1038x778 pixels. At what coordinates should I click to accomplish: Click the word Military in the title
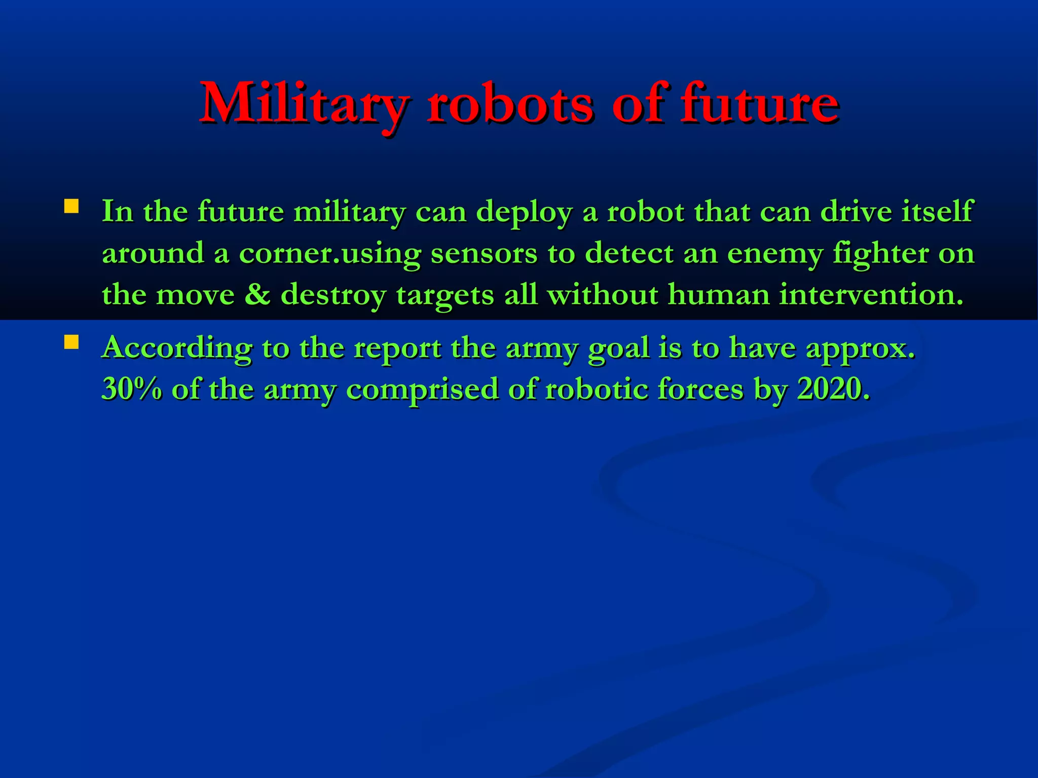303,104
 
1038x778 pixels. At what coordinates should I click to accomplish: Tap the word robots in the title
509,104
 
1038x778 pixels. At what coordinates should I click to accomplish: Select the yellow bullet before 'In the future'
71,206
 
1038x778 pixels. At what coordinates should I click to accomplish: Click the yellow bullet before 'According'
71,342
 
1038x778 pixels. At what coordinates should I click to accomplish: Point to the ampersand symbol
257,294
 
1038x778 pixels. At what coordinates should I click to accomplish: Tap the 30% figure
132,389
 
